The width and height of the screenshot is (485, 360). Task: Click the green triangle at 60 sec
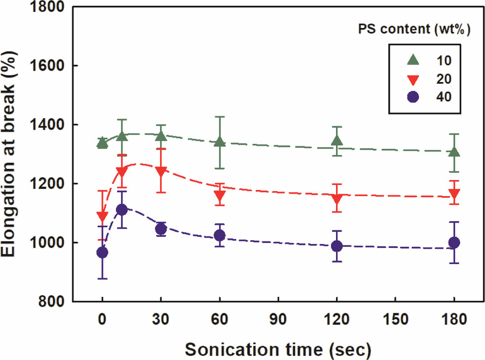219,142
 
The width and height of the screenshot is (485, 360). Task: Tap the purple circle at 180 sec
454,242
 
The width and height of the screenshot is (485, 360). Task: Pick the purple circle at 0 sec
102,252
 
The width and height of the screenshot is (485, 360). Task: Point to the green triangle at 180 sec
454,152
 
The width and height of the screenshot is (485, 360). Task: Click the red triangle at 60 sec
219,196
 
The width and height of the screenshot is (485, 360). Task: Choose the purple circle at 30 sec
161,229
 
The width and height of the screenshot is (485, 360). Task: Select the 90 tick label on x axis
278,319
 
